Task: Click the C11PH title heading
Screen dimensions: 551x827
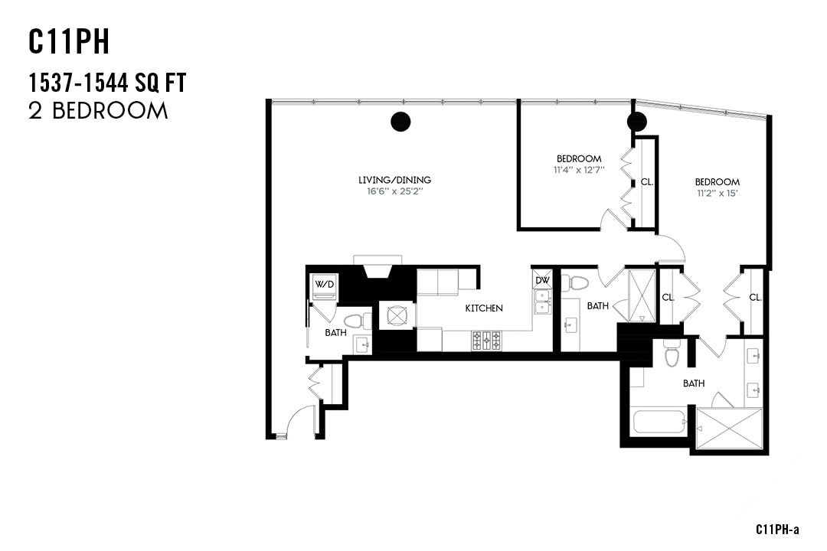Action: tap(70, 43)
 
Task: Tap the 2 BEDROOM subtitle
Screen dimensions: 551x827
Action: tap(98, 111)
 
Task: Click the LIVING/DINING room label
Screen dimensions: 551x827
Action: tap(394, 180)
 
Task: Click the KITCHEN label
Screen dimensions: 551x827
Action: tap(485, 308)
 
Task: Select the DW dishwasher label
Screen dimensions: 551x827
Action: tap(542, 280)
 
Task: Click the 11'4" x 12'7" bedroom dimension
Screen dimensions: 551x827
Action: tap(579, 169)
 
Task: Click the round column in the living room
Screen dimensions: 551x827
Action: tap(400, 121)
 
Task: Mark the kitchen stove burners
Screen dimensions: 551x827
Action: tap(486, 340)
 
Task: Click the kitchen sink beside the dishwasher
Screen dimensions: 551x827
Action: tap(542, 304)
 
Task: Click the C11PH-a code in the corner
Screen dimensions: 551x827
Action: tap(777, 530)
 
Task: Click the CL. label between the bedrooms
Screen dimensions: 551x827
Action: tap(647, 182)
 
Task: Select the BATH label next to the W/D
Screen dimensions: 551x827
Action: tap(335, 333)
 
